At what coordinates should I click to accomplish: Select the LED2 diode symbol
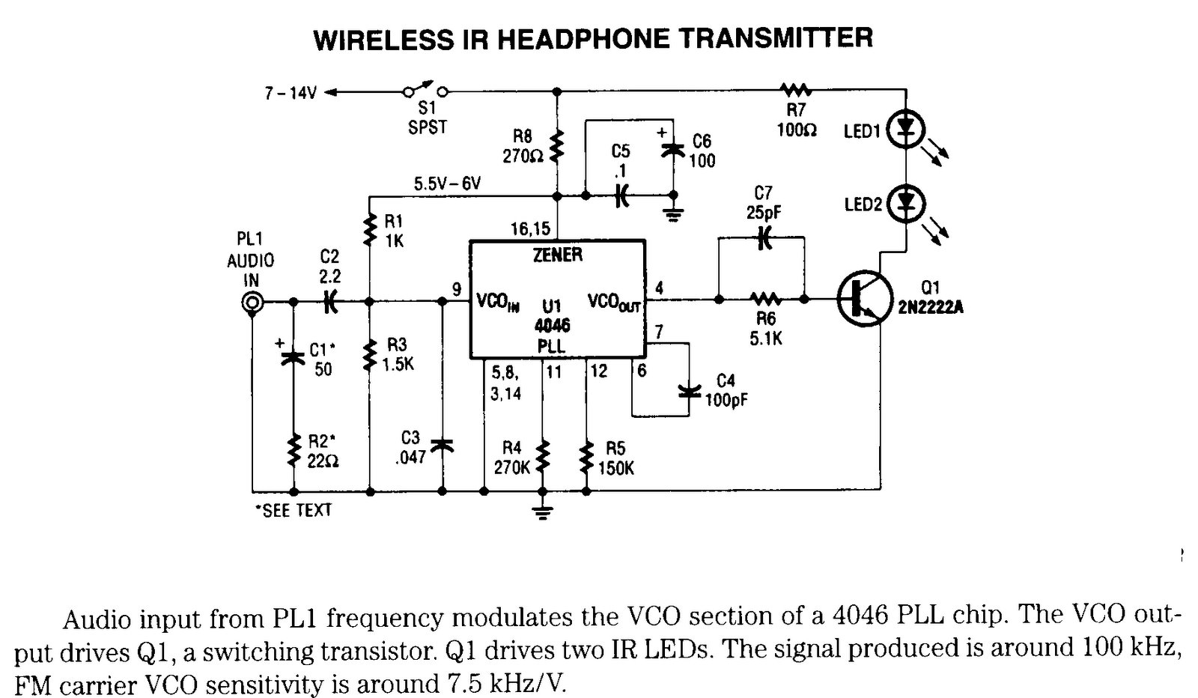coord(907,203)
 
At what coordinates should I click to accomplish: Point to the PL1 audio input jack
coord(252,302)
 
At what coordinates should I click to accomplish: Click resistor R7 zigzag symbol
coord(795,91)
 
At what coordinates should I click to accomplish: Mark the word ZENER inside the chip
coord(558,255)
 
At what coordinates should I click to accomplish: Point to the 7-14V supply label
coord(291,92)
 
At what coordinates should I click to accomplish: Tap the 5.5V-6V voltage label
coord(447,183)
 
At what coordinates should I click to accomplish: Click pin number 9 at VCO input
coord(456,288)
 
